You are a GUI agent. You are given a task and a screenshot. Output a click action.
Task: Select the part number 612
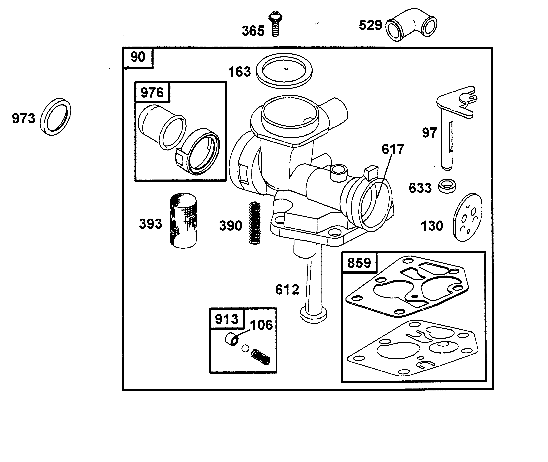coord(287,290)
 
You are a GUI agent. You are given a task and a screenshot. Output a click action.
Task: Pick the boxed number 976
coord(152,92)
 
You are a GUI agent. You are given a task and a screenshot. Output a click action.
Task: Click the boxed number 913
coord(226,319)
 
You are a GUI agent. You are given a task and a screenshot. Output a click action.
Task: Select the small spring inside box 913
coord(260,357)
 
